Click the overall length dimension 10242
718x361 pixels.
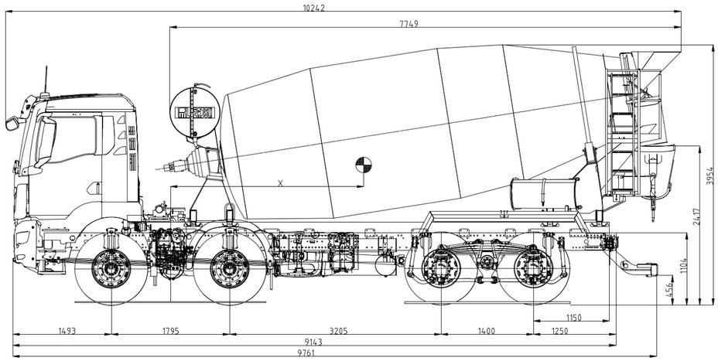pos(315,7)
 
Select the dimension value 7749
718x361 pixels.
pos(409,24)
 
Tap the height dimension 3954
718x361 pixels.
pos(708,176)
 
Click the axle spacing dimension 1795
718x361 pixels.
pos(169,331)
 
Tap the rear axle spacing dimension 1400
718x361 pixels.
pos(485,331)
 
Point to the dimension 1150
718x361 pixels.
pos(573,318)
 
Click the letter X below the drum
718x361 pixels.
pos(280,182)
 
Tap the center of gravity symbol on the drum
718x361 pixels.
pos(362,165)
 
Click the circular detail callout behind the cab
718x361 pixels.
pos(193,113)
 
